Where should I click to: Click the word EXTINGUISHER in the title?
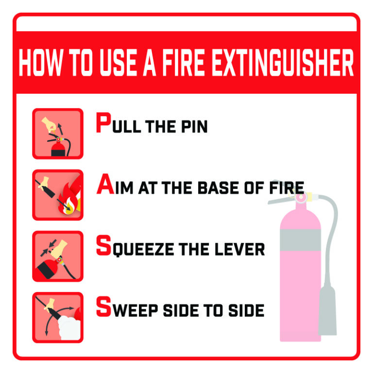(282, 63)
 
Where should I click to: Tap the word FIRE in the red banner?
(183, 63)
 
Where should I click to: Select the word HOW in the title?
(41, 63)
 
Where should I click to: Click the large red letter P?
(104, 122)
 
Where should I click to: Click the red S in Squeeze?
(104, 245)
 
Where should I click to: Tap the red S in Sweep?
(104, 306)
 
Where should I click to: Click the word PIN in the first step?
(194, 126)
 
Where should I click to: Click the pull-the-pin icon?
(58, 134)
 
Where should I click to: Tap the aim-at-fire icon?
(58, 195)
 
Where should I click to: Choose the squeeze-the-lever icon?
(58, 256)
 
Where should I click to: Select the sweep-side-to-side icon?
(58, 317)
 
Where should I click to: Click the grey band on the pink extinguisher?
(300, 240)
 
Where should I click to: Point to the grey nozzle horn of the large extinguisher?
(327, 310)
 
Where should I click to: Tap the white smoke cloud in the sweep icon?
(69, 328)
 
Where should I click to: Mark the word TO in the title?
(81, 63)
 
